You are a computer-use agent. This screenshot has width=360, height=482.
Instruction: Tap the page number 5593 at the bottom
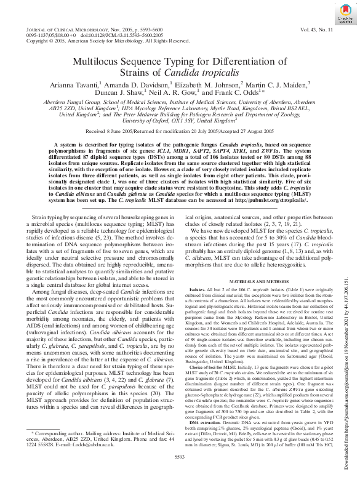pyautogui.click(x=180, y=456)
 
